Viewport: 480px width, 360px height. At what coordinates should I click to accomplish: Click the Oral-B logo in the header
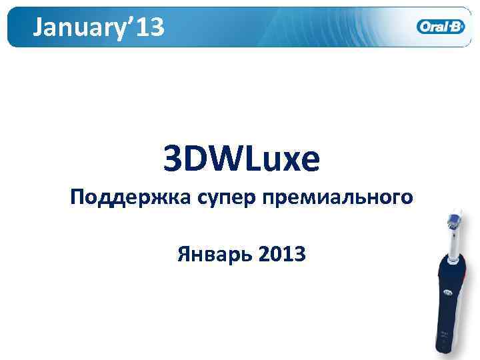pyautogui.click(x=441, y=27)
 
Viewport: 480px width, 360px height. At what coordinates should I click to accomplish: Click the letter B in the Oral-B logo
pyautogui.click(x=458, y=27)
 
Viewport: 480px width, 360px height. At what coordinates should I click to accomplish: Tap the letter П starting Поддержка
pyautogui.click(x=78, y=197)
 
